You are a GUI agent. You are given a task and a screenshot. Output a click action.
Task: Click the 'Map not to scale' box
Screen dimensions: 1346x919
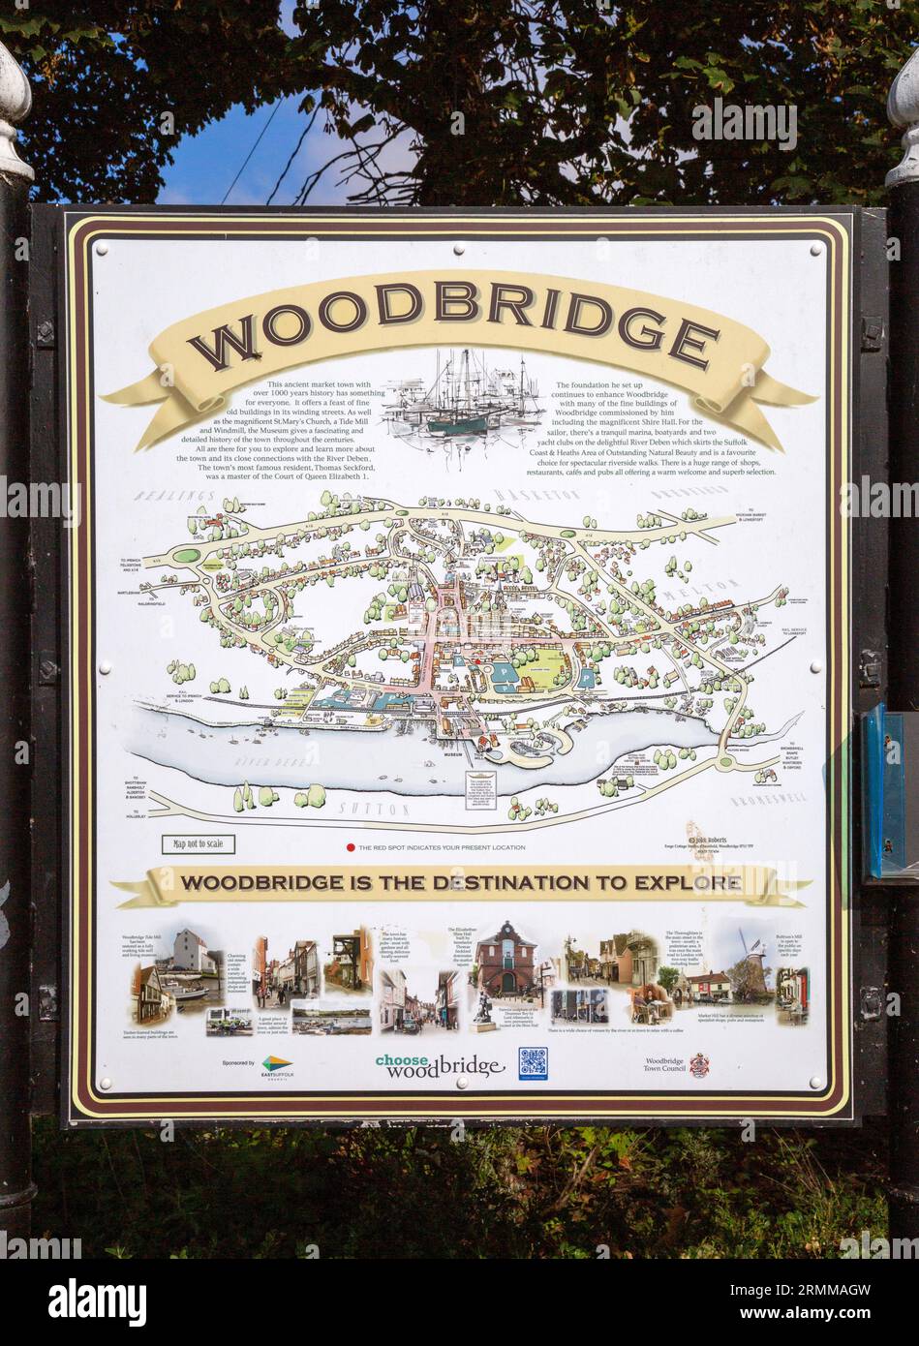[x=198, y=843]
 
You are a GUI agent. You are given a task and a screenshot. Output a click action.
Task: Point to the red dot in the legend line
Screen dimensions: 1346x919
[x=351, y=847]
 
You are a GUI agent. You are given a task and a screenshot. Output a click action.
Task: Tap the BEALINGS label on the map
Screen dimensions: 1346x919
[x=174, y=496]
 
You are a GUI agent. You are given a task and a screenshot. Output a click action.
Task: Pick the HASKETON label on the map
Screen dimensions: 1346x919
[x=536, y=495]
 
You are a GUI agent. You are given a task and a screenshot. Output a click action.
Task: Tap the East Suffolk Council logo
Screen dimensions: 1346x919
[x=276, y=1064]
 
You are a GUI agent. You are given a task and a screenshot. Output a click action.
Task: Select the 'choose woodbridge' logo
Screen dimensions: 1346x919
[x=440, y=1065]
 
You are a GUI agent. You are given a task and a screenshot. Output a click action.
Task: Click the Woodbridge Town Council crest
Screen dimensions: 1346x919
[x=698, y=1064]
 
